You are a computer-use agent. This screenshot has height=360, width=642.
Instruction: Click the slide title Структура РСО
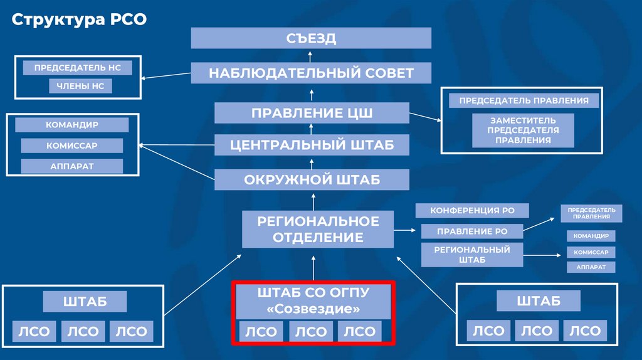(79, 19)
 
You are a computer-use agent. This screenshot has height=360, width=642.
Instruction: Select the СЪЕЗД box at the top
(311, 38)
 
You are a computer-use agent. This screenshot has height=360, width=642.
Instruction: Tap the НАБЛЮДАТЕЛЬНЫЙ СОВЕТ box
(311, 73)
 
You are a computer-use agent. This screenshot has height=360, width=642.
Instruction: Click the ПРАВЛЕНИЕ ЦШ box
(312, 114)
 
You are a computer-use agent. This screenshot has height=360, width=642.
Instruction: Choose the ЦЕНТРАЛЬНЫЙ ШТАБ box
(312, 145)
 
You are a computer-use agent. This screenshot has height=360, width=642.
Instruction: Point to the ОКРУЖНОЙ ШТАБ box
(312, 180)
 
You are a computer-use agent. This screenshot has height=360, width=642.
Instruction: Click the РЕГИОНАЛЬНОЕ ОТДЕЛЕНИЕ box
(318, 229)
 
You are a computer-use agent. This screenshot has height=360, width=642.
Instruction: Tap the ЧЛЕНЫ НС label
(81, 86)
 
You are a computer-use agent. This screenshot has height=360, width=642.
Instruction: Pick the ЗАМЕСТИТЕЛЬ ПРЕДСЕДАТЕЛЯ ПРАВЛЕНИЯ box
(523, 130)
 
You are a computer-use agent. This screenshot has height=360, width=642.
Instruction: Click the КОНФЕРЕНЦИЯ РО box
(472, 211)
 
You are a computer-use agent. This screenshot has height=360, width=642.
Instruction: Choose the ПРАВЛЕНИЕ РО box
(472, 231)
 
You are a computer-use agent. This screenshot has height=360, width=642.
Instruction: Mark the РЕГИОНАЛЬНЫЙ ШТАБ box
(472, 255)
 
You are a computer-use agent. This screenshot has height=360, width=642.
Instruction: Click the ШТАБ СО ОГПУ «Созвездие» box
(313, 301)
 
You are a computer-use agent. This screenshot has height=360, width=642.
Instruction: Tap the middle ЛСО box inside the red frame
(311, 332)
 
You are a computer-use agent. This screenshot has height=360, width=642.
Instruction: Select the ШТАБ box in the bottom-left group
(85, 302)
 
